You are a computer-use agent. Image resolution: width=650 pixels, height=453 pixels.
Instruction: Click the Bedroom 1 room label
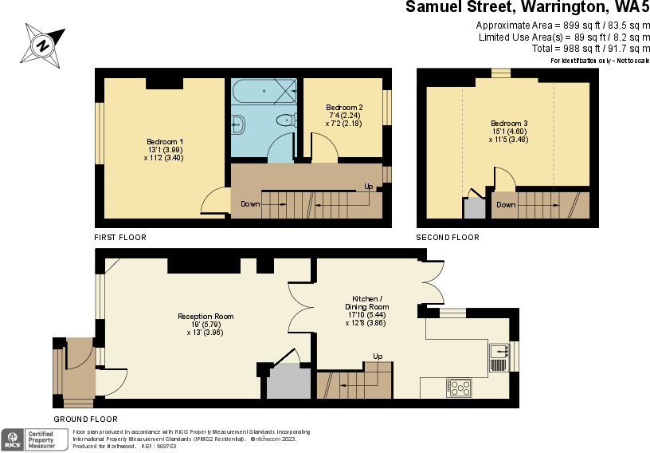pyautogui.click(x=165, y=149)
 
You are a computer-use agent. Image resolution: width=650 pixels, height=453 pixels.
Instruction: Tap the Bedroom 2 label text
pyautogui.click(x=344, y=116)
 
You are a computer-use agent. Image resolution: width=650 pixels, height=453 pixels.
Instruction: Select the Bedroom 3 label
pyautogui.click(x=509, y=131)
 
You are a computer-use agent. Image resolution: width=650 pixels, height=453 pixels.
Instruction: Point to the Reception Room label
pyautogui.click(x=206, y=324)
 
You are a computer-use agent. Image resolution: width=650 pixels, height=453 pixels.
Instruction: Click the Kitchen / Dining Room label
pyautogui.click(x=366, y=307)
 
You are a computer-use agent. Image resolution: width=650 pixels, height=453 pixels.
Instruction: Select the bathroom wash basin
pyautogui.click(x=237, y=123)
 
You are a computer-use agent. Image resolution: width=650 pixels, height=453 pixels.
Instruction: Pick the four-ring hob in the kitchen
pyautogui.click(x=460, y=388)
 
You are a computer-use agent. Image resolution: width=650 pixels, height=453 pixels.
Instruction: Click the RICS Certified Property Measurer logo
pyautogui.click(x=35, y=438)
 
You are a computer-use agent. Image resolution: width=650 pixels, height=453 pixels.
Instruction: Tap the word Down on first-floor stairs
pyautogui.click(x=250, y=204)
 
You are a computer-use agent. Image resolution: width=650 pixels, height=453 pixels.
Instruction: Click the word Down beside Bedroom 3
pyautogui.click(x=506, y=205)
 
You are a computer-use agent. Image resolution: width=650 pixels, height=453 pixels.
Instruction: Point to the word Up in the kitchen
pyautogui.click(x=378, y=356)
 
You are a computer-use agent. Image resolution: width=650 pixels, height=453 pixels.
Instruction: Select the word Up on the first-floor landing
pyautogui.click(x=368, y=187)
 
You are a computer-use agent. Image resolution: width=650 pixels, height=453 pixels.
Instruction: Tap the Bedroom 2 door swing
pyautogui.click(x=323, y=148)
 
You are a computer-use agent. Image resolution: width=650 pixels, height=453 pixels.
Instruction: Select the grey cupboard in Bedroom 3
pyautogui.click(x=474, y=207)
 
